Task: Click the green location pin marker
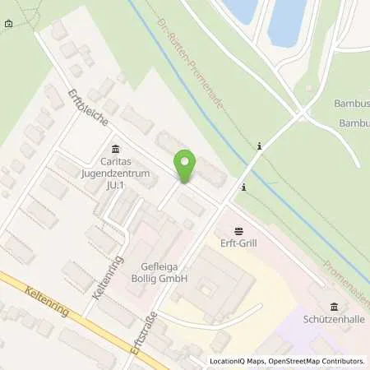click(187, 168)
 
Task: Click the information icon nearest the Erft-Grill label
click(243, 187)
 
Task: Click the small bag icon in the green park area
click(8, 23)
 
